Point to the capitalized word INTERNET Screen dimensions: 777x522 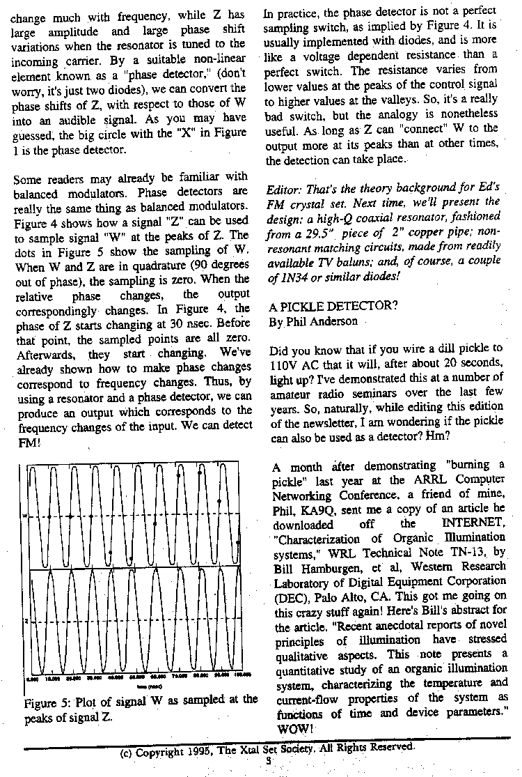tap(468, 524)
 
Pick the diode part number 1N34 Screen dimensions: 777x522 tap(294, 274)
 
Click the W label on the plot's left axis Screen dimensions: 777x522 tap(26, 516)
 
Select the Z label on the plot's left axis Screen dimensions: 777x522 tap(26, 620)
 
